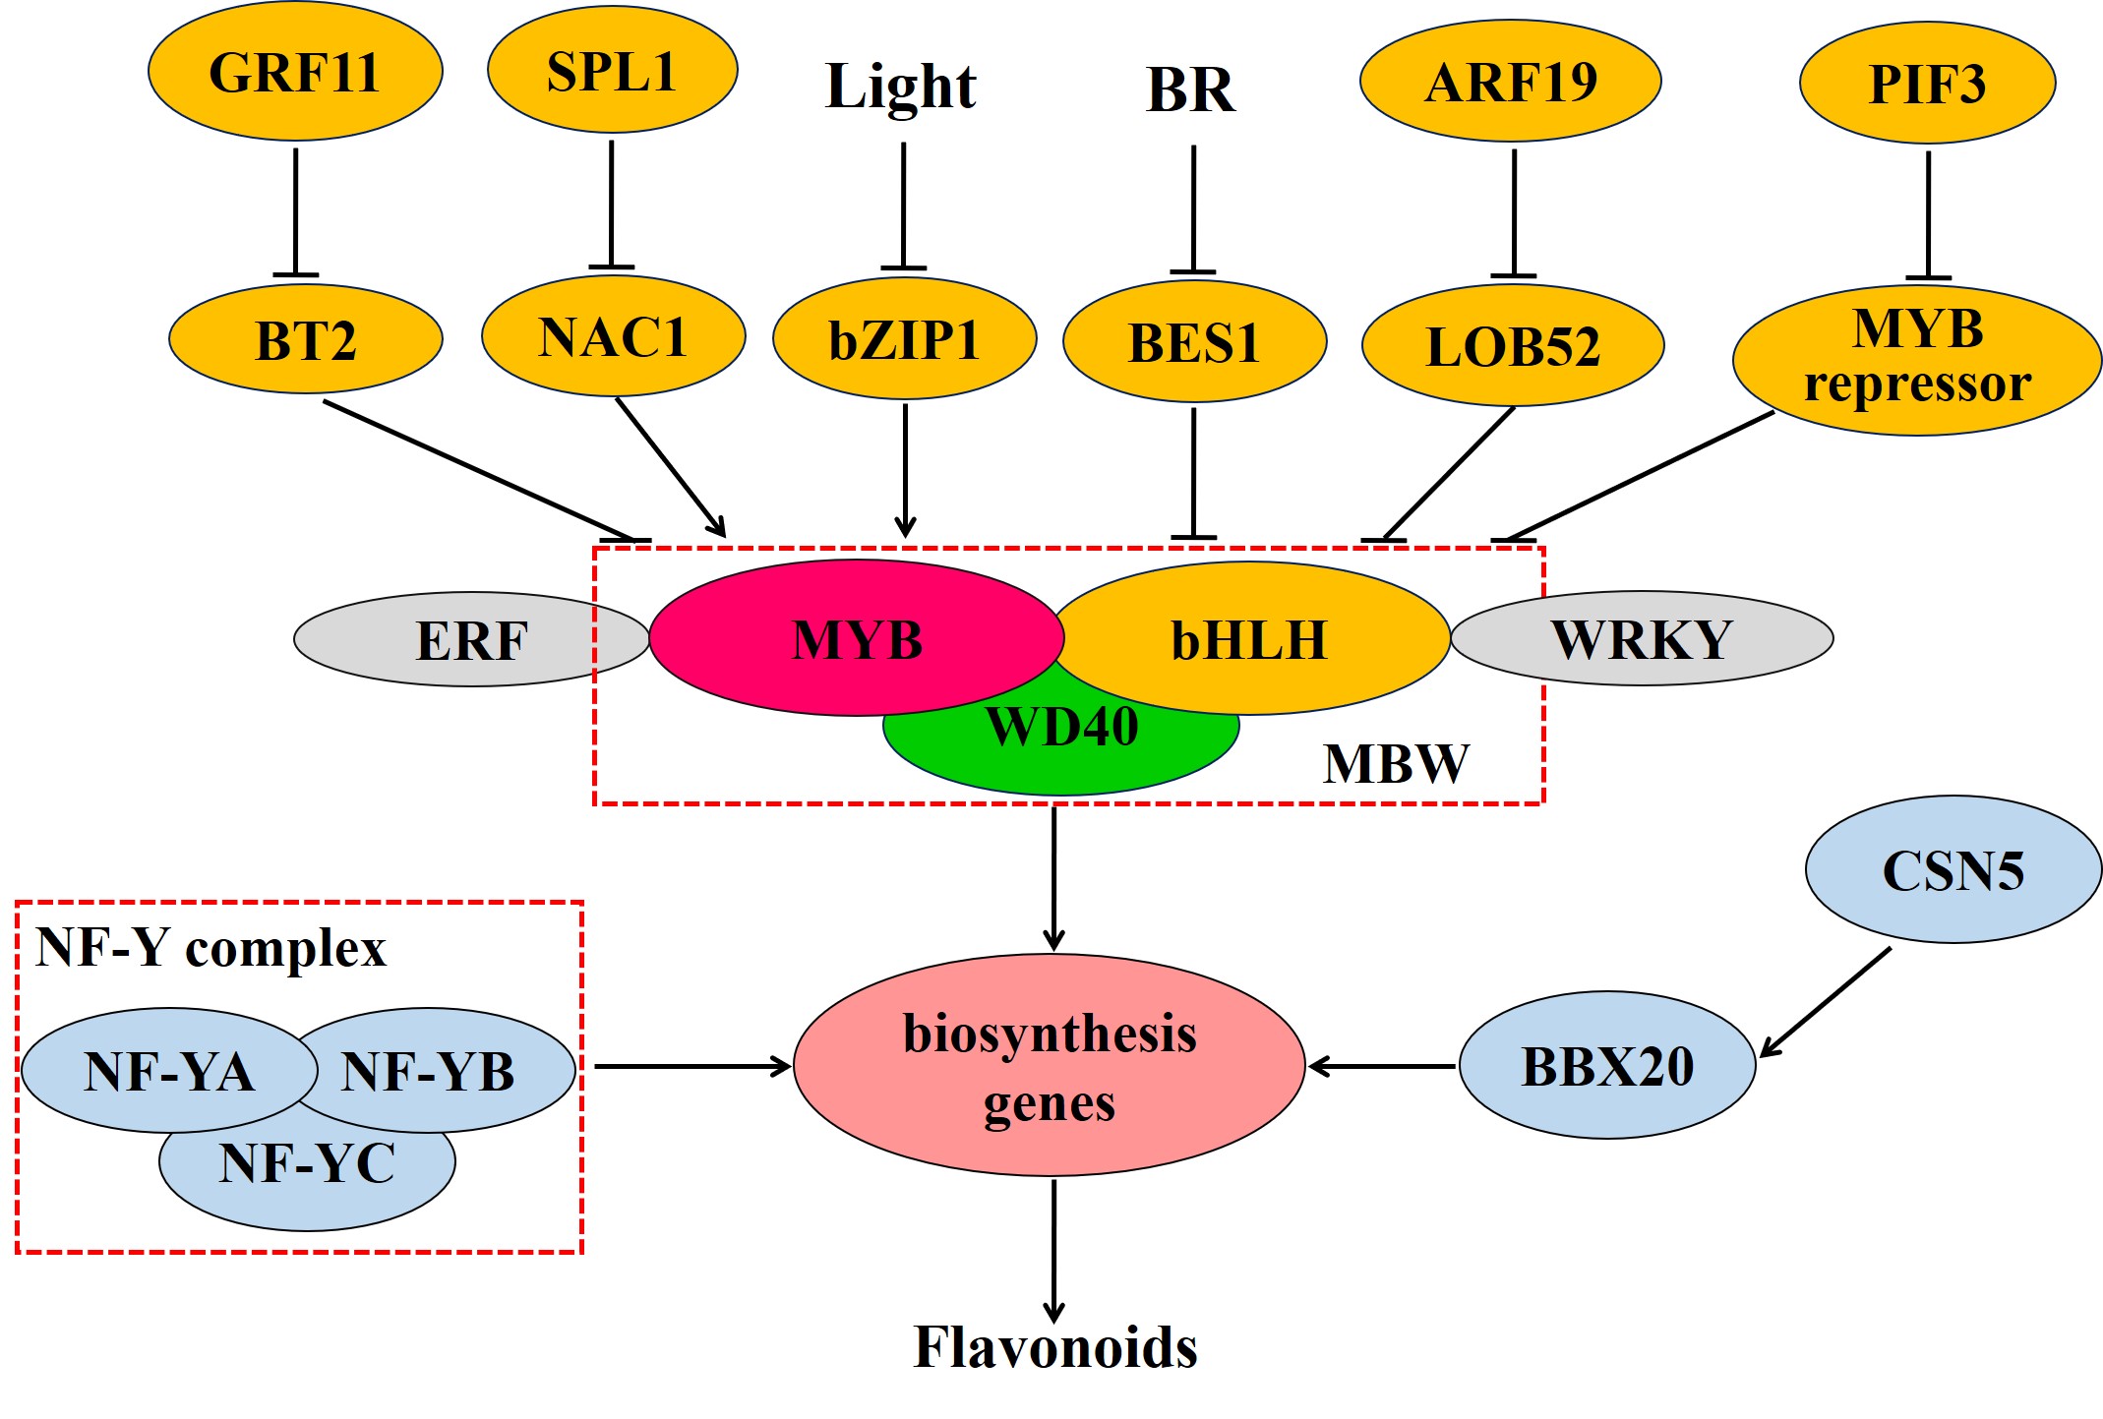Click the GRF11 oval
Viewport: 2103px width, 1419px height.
(x=295, y=72)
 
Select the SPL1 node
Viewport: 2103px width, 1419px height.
(x=612, y=71)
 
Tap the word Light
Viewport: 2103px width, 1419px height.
(x=901, y=87)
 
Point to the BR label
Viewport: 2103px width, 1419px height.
(x=1190, y=90)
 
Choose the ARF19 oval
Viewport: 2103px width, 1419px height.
(x=1511, y=82)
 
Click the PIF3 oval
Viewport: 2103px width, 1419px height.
(x=1927, y=84)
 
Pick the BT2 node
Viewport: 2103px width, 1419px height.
(x=305, y=340)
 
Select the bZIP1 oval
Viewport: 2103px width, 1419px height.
(x=904, y=340)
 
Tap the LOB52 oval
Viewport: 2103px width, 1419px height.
(x=1513, y=346)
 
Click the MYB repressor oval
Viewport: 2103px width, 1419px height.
(x=1916, y=359)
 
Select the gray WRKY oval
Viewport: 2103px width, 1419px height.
(x=1652, y=639)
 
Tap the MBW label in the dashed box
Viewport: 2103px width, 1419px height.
(x=1396, y=764)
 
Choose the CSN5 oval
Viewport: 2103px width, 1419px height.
(x=1953, y=870)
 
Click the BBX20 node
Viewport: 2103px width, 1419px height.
(x=1607, y=1066)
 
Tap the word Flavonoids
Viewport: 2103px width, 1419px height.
(x=1054, y=1347)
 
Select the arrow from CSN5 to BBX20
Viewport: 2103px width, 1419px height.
(x=1826, y=1003)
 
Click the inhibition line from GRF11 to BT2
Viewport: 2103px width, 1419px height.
(x=295, y=211)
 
